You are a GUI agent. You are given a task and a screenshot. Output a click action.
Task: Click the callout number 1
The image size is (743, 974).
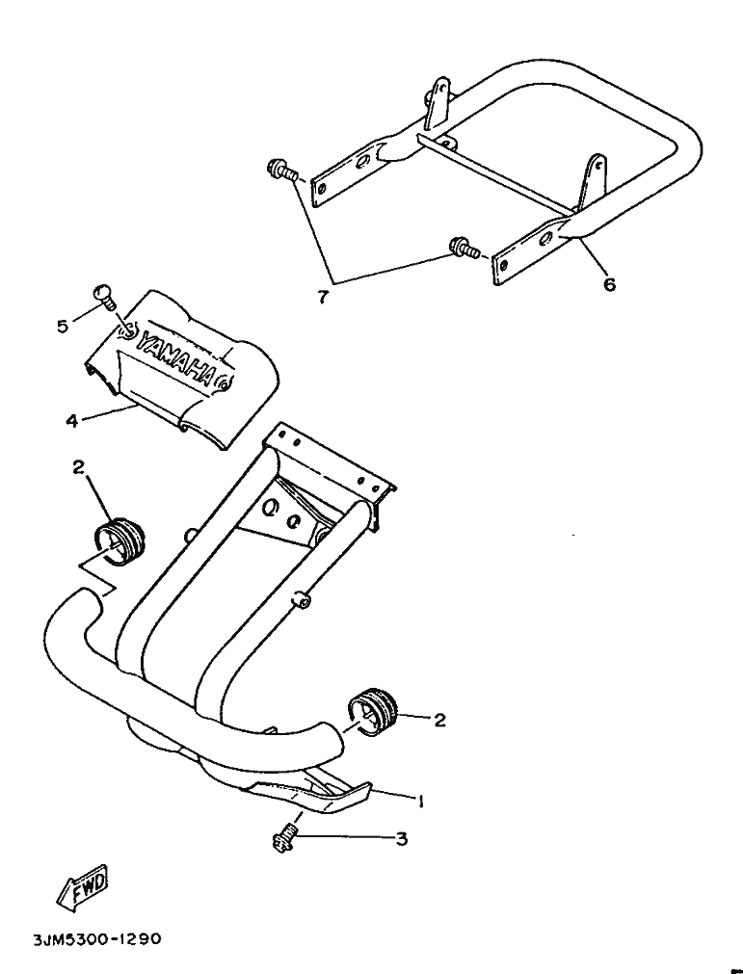(420, 800)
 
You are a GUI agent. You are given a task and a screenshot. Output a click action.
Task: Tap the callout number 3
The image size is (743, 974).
(401, 839)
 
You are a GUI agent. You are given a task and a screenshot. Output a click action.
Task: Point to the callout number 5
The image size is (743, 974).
(63, 327)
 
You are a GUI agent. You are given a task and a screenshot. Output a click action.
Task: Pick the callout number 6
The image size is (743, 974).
(609, 284)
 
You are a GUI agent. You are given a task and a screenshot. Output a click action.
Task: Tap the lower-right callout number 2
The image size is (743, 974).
(439, 719)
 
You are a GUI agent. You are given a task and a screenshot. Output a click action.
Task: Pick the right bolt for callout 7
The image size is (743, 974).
(463, 250)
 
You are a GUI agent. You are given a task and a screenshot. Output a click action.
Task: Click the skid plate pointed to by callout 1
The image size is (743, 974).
(318, 794)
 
